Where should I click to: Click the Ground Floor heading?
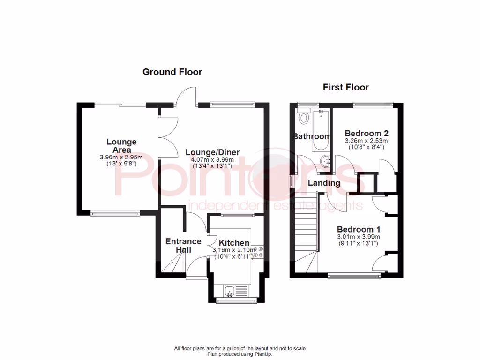coord(172,72)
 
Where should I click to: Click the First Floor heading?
coord(346,87)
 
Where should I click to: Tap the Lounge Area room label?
coord(121,145)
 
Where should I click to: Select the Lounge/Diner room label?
coord(212,152)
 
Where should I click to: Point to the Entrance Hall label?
coord(183,246)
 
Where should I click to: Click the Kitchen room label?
coord(234,243)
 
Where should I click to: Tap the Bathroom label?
coord(312,137)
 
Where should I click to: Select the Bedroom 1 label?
coord(359,229)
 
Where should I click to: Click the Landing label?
coord(324,183)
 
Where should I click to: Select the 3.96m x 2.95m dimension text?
coord(121,157)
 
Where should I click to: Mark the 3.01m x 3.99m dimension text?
coord(359,237)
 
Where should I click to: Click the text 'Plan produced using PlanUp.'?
coord(240,354)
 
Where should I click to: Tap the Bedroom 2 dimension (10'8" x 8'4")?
coord(367,147)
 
